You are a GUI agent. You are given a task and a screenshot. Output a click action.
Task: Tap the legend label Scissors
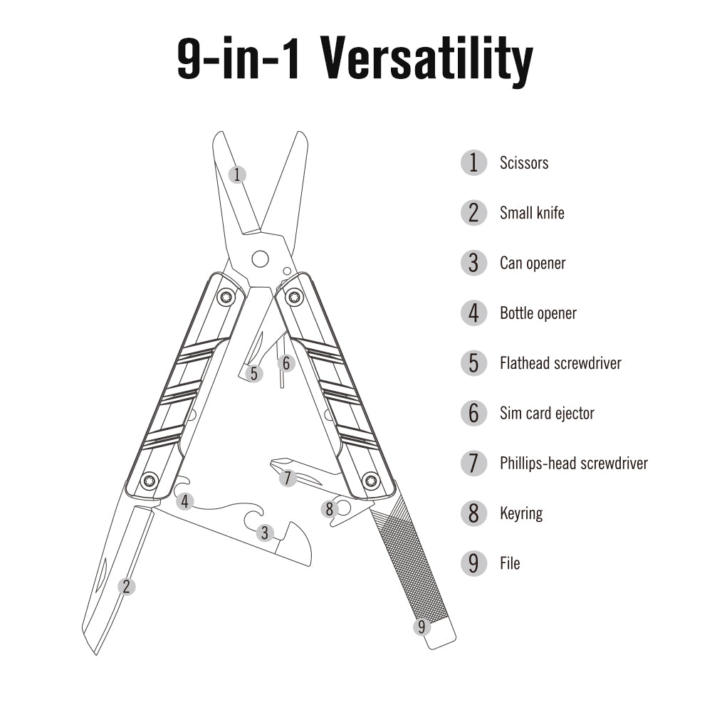(x=524, y=163)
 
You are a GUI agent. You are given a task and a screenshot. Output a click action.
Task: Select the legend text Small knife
(x=532, y=213)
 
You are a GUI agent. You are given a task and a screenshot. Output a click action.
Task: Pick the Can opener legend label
(x=533, y=263)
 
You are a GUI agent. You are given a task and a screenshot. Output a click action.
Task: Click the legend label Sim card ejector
(x=547, y=413)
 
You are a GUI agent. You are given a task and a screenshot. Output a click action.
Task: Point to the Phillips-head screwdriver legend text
(x=574, y=464)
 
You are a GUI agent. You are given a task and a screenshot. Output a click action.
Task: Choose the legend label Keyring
(x=521, y=513)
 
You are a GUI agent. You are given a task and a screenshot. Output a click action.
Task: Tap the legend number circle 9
(x=473, y=563)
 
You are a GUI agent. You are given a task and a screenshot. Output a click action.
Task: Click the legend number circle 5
(x=473, y=363)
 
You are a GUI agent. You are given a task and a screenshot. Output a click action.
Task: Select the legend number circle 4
(x=473, y=313)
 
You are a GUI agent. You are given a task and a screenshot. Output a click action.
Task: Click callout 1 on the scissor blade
(x=238, y=174)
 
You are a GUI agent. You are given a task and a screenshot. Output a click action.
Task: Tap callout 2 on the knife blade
(x=126, y=586)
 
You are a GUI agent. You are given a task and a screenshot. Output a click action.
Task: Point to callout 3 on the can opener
(x=265, y=532)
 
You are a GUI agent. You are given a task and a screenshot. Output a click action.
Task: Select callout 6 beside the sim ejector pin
(x=286, y=363)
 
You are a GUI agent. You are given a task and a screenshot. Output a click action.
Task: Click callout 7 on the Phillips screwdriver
(x=287, y=478)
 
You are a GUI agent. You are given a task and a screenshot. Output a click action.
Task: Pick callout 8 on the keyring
(x=328, y=509)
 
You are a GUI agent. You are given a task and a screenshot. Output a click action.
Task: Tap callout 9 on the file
(x=422, y=627)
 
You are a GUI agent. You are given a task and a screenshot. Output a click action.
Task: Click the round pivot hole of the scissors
(x=260, y=258)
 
